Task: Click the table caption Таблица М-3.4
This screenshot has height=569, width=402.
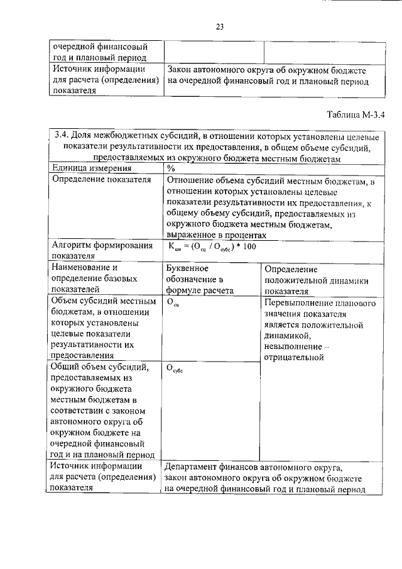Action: (x=355, y=114)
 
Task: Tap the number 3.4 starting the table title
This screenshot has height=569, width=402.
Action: (x=62, y=136)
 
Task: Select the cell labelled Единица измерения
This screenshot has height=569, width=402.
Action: (x=92, y=168)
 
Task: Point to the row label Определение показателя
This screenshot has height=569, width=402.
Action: (x=102, y=180)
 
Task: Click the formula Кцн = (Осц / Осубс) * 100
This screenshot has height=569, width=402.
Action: (x=212, y=246)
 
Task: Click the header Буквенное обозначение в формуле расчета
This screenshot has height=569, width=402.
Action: (x=200, y=279)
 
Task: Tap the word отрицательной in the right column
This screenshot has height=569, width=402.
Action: (x=294, y=358)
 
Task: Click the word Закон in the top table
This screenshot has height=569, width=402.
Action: (x=182, y=70)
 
